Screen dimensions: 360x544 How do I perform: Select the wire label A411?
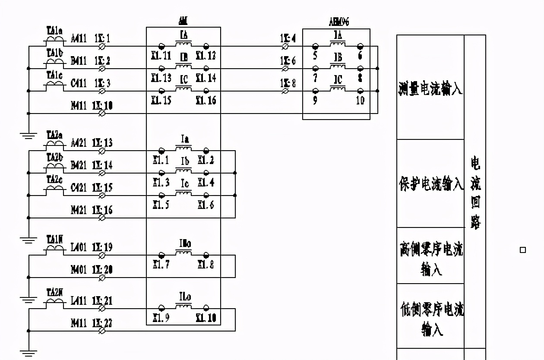(79, 39)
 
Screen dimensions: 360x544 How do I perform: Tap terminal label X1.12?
(206, 55)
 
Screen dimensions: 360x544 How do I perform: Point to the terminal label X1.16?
(206, 101)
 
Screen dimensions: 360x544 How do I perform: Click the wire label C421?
(79, 188)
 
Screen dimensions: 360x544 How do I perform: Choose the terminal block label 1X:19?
(102, 247)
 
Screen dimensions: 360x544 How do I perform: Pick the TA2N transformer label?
(54, 292)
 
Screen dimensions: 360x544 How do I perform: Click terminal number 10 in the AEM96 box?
(360, 101)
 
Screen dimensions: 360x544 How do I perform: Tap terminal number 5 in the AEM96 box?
(315, 55)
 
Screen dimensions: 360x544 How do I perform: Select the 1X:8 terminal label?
(288, 83)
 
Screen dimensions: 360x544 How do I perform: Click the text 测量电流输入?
(430, 89)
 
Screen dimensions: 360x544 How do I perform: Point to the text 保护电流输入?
(430, 184)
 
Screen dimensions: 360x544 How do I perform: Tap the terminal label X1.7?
(161, 264)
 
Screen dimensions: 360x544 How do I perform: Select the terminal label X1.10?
(206, 319)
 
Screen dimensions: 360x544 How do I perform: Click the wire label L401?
(79, 247)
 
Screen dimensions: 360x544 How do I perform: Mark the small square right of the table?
(523, 250)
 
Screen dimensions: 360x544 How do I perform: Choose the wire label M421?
(79, 210)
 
